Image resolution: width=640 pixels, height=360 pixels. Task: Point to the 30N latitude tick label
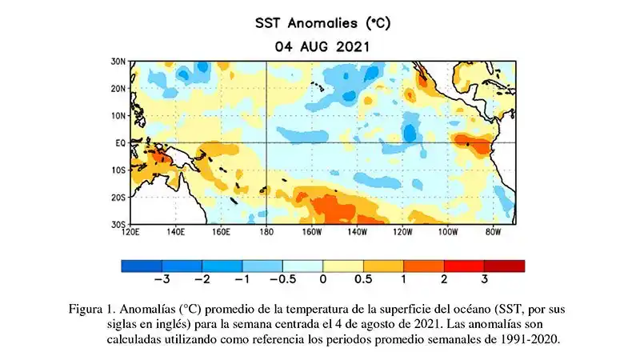pyautogui.click(x=117, y=61)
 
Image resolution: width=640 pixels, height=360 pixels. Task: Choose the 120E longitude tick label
pyautogui.click(x=131, y=232)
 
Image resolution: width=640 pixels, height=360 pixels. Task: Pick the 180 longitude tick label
pyautogui.click(x=266, y=232)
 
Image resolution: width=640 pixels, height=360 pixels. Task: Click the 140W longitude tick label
pyautogui.click(x=357, y=232)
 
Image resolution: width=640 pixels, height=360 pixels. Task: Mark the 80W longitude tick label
pyautogui.click(x=493, y=232)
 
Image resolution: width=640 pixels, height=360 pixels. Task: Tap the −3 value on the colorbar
pyautogui.click(x=160, y=279)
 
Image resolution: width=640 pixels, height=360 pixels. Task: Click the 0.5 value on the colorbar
pyautogui.click(x=363, y=279)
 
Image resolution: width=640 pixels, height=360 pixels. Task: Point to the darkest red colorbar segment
pyautogui.click(x=504, y=266)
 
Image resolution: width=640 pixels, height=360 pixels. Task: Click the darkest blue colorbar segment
pyautogui.click(x=142, y=266)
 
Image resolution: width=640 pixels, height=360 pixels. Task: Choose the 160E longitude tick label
pyautogui.click(x=222, y=232)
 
